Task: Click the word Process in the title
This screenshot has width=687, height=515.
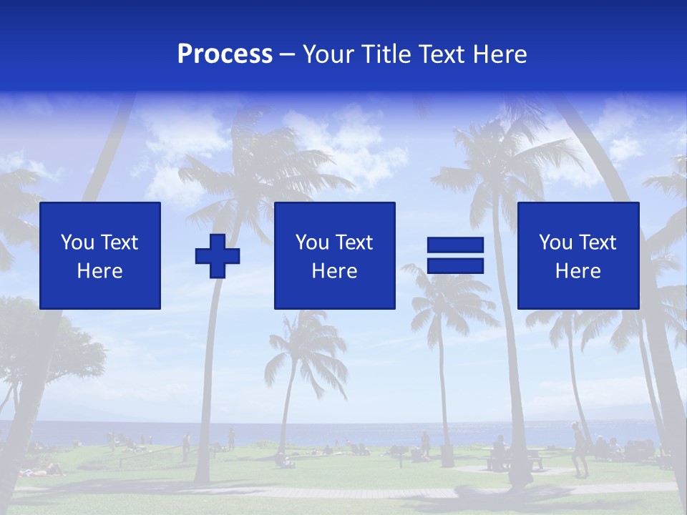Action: click(225, 54)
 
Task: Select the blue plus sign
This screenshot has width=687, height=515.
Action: click(218, 255)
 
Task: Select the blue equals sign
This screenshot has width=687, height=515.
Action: click(455, 255)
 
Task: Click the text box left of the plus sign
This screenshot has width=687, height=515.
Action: click(100, 255)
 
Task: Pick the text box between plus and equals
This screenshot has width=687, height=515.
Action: click(334, 255)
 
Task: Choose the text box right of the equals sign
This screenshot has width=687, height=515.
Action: click(578, 255)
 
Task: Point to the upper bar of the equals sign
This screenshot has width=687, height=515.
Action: click(455, 245)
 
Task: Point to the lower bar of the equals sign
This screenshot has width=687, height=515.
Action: click(455, 265)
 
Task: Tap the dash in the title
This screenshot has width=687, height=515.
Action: click(288, 55)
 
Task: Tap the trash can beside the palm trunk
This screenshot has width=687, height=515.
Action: click(447, 456)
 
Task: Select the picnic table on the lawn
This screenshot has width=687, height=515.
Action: click(515, 458)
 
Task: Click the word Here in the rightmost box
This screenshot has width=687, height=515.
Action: click(578, 271)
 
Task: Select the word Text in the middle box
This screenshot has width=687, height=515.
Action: click(354, 242)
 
